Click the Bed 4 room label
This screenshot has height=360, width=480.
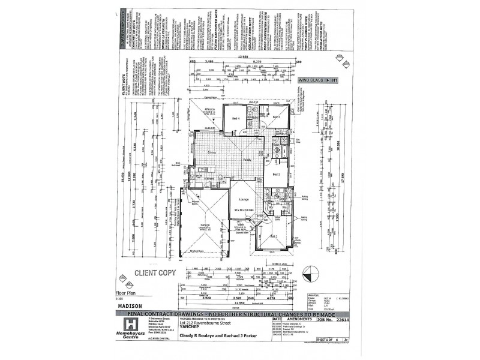coord(236,118)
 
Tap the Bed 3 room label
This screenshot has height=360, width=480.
coord(276,236)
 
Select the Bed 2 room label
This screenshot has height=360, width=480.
coord(277,118)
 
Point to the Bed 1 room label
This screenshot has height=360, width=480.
coord(277,174)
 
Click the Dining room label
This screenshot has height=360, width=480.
coord(212,153)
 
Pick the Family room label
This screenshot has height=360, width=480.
coord(247,160)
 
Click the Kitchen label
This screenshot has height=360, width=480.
coord(209,179)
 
